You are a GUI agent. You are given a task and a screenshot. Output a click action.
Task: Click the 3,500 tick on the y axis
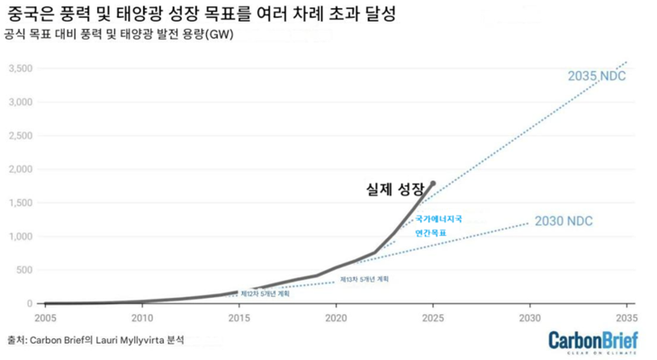tap(20, 68)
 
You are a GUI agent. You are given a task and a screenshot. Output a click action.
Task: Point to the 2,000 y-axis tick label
tap(20, 169)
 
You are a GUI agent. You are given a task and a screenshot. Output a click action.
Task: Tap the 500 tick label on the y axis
tap(24, 270)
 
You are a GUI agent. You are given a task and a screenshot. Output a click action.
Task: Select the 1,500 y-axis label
tap(20, 202)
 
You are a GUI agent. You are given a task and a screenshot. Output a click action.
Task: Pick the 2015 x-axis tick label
tap(238, 318)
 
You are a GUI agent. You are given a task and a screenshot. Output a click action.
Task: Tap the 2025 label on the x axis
tap(433, 318)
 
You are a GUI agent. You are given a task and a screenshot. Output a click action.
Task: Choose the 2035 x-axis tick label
tap(626, 318)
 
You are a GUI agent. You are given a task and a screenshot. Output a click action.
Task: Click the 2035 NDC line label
tap(596, 76)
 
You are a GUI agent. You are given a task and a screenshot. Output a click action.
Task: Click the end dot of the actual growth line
tap(433, 183)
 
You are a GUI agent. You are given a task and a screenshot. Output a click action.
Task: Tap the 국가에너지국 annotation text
tap(437, 219)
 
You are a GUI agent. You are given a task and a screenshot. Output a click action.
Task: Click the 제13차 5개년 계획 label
tap(364, 280)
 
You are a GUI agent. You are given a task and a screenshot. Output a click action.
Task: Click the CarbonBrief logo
tap(593, 341)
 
